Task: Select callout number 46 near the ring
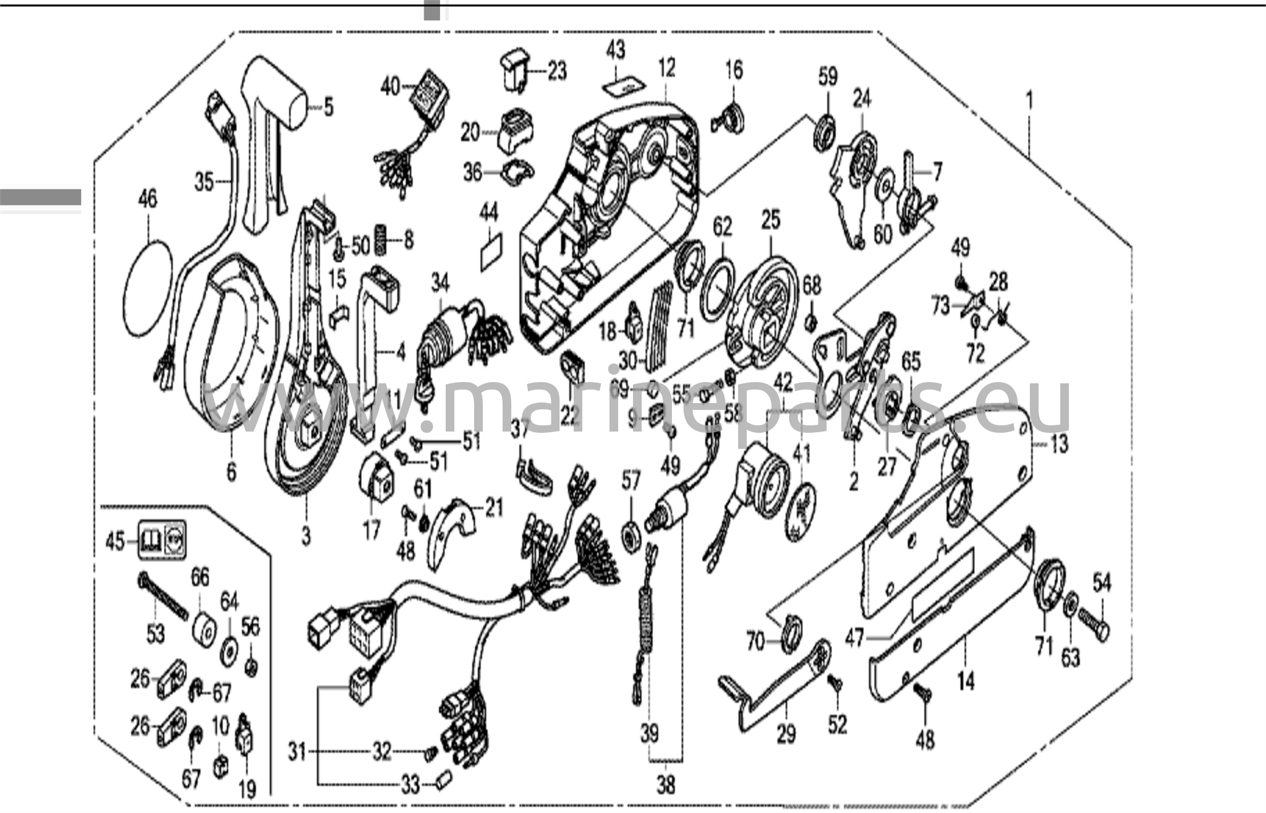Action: tap(147, 199)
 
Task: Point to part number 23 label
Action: tap(557, 71)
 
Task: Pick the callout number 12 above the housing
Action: tap(666, 67)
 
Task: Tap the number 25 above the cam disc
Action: tap(771, 220)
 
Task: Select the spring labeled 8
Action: tap(382, 239)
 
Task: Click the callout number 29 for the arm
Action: tap(786, 734)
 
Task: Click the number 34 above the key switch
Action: tap(440, 283)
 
